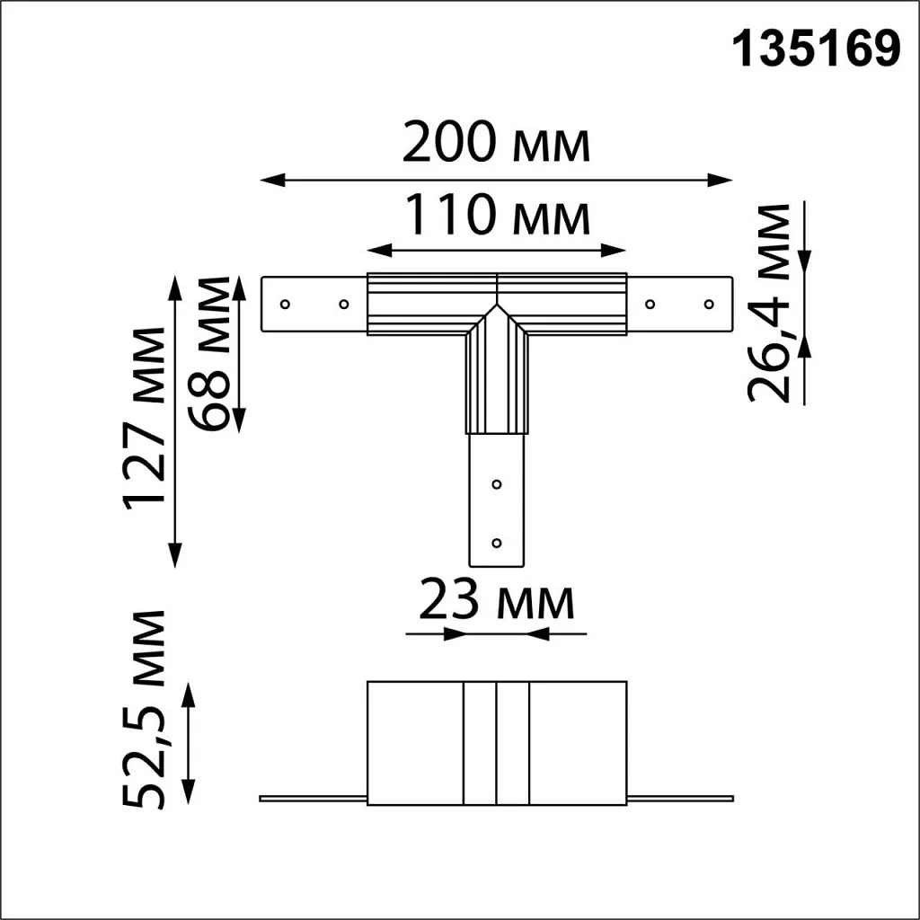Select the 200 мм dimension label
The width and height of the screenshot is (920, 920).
[496, 143]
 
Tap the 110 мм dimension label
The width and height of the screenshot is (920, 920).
[496, 216]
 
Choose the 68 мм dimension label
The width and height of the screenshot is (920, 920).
[208, 353]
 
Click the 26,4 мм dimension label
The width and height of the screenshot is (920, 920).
[770, 303]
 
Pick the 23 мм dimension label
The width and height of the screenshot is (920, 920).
[496, 602]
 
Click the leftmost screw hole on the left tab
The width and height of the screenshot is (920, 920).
[285, 304]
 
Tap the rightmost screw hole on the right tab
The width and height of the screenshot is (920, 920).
[709, 304]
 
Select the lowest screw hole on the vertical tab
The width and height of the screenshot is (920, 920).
[497, 543]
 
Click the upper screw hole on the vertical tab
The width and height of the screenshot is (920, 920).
[497, 484]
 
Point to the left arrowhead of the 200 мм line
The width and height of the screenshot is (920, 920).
[268, 181]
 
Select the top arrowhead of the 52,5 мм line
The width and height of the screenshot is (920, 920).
[189, 691]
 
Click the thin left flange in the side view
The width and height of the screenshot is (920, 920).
[313, 798]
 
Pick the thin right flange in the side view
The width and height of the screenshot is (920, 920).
[680, 798]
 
